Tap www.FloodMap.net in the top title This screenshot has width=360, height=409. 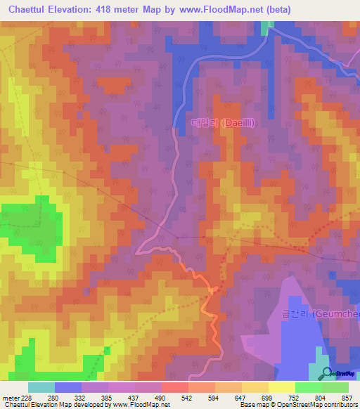(216, 9)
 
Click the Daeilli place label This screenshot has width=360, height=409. (222, 122)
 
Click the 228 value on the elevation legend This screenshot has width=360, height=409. (27, 398)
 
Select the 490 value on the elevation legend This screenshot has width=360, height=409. (161, 398)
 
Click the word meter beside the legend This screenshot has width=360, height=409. (9, 398)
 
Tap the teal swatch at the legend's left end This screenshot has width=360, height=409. (41, 387)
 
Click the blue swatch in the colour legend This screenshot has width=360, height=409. (67, 387)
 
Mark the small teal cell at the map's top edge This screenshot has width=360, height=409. (266, 27)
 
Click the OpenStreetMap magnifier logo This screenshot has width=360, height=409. (324, 374)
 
